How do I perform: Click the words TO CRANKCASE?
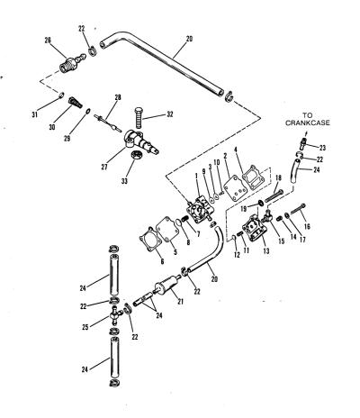point(307,119)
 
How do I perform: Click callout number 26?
point(48,41)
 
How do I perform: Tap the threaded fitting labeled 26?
point(73,62)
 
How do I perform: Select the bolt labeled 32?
point(138,117)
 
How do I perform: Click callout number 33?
point(124,181)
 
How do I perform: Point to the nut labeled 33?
point(137,156)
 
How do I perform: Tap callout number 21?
point(180,302)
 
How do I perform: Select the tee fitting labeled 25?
point(115,315)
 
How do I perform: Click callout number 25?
point(85,327)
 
